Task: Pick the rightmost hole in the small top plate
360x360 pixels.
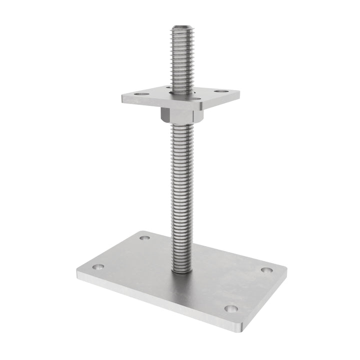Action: click(x=218, y=91)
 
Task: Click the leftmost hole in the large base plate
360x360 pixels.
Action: click(x=98, y=267)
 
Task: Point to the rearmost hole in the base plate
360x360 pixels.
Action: click(x=144, y=237)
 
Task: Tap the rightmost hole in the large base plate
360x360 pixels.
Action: click(x=266, y=270)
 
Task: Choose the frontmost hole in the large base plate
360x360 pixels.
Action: click(x=230, y=308)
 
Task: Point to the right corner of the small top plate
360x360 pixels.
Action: click(x=238, y=93)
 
